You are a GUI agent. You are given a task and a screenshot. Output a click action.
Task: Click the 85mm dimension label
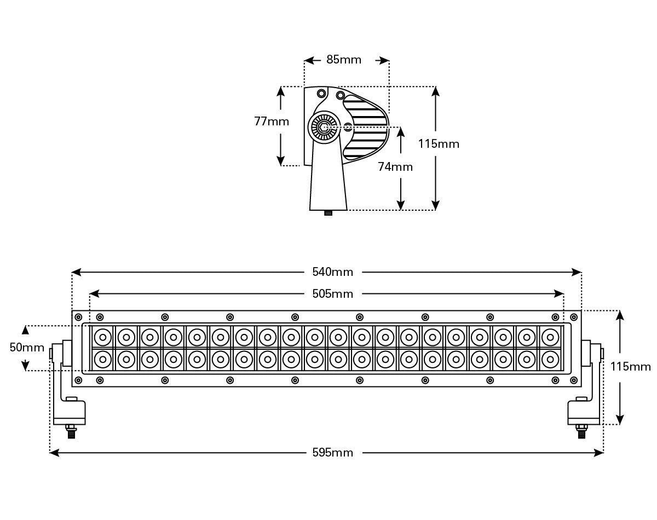(x=343, y=60)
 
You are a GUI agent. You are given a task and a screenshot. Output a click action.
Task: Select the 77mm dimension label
(x=272, y=122)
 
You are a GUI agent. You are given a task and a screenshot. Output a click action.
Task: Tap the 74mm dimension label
(x=395, y=167)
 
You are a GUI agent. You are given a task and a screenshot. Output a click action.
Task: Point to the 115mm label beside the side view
(x=439, y=144)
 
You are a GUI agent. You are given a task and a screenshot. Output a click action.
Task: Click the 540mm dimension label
(x=332, y=271)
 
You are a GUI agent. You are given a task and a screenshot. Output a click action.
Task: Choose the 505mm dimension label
(x=332, y=294)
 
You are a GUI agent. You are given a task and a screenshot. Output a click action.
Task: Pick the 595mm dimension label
(x=332, y=453)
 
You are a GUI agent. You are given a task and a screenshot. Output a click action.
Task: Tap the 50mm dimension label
(x=27, y=348)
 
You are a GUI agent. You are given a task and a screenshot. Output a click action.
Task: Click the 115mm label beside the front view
(x=630, y=367)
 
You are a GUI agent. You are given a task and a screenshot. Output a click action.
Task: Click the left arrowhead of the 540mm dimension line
(x=76, y=272)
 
